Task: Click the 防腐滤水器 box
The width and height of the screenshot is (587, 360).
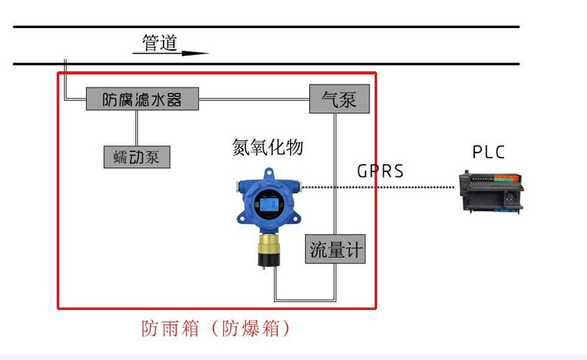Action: [x=142, y=99]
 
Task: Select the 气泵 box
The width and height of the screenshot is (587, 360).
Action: [x=339, y=99]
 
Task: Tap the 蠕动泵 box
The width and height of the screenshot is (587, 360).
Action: [x=137, y=156]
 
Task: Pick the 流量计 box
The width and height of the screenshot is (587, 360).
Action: [x=336, y=250]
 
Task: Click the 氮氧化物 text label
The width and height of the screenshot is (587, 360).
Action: [x=268, y=147]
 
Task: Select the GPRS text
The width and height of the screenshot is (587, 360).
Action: [x=380, y=171]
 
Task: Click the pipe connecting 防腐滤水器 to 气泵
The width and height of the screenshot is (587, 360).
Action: [x=254, y=99]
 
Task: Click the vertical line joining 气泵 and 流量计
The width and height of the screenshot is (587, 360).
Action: [x=337, y=172]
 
